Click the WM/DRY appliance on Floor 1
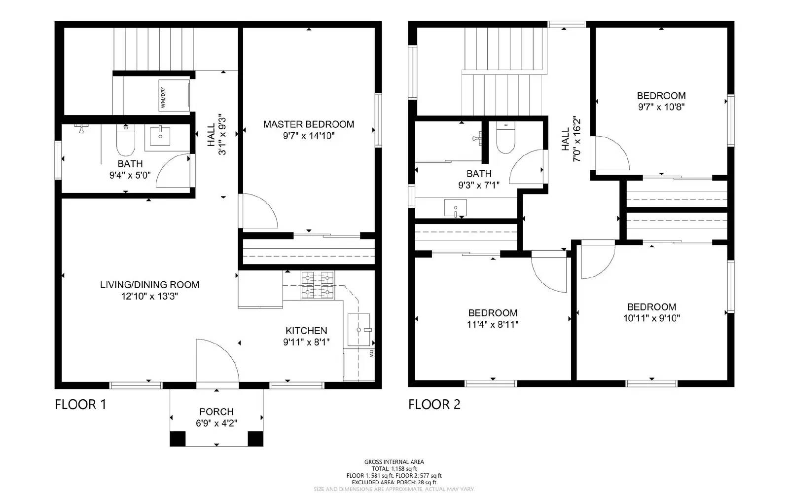[x=174, y=97]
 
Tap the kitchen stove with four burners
[x=317, y=285]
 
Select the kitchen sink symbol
[x=359, y=329]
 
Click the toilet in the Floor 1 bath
[x=125, y=140]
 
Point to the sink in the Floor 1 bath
[x=160, y=136]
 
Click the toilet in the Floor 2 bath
[x=505, y=138]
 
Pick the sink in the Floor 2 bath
[x=455, y=208]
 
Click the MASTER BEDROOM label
[x=309, y=124]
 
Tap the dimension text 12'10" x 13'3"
[x=149, y=296]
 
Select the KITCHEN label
[x=306, y=331]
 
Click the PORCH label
[x=216, y=412]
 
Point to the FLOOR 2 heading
[x=434, y=405]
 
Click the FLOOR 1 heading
[x=80, y=405]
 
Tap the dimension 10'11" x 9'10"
[x=651, y=318]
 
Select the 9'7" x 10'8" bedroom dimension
[x=661, y=107]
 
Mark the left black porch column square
[x=178, y=438]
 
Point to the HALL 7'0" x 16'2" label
[x=571, y=139]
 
